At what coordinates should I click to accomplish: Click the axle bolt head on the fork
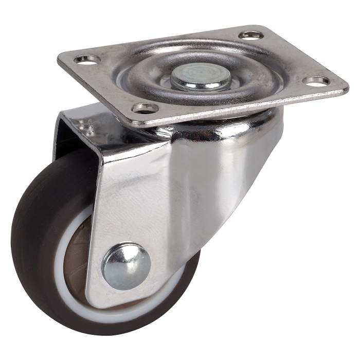(x=126, y=266)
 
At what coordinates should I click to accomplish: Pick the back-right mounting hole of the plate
(x=251, y=35)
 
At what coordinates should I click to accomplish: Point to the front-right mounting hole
(x=317, y=81)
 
